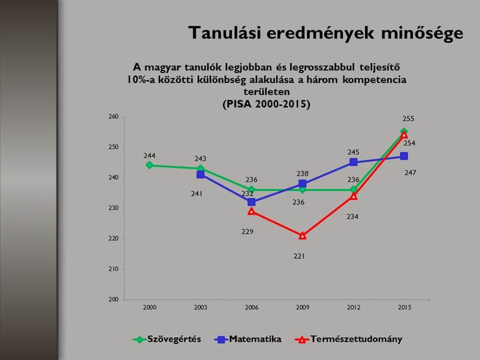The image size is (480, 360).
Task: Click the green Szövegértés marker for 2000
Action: pyautogui.click(x=149, y=165)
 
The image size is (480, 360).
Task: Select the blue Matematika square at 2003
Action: pyautogui.click(x=200, y=174)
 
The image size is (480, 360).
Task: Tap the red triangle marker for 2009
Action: pyautogui.click(x=302, y=235)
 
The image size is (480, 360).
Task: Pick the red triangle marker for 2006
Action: pyautogui.click(x=251, y=211)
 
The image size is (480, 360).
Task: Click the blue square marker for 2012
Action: pyautogui.click(x=353, y=162)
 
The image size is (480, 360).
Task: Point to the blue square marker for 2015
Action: pyautogui.click(x=404, y=156)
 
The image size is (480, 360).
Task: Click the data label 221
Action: pyautogui.click(x=299, y=256)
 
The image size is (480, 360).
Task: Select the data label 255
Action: pyautogui.click(x=408, y=119)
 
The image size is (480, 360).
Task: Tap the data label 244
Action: pyautogui.click(x=149, y=155)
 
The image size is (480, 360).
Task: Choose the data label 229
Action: pyautogui.click(x=247, y=232)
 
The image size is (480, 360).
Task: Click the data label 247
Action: pyautogui.click(x=410, y=173)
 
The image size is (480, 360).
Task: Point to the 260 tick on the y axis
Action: pyautogui.click(x=114, y=117)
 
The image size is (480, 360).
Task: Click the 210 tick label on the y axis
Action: pyautogui.click(x=114, y=269)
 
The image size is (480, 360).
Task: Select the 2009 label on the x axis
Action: pyautogui.click(x=302, y=307)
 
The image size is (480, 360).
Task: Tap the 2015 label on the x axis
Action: pyautogui.click(x=404, y=307)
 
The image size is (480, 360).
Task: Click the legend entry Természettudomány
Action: pyautogui.click(x=348, y=339)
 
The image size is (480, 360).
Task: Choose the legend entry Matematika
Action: pyautogui.click(x=248, y=339)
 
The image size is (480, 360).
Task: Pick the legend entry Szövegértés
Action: pyautogui.click(x=167, y=339)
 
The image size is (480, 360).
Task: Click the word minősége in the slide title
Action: pyautogui.click(x=422, y=33)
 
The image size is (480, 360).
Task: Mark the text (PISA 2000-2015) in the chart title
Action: pyautogui.click(x=266, y=104)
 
